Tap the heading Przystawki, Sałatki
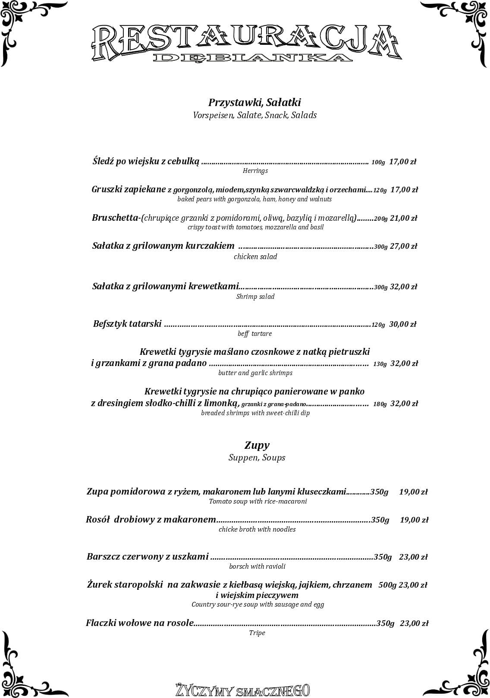click(254, 103)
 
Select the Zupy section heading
click(257, 445)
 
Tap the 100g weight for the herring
click(378, 163)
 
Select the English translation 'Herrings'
click(255, 171)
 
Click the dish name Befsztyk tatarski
click(127, 324)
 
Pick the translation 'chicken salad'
click(255, 257)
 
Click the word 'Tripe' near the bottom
click(257, 633)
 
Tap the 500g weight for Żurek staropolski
click(387, 585)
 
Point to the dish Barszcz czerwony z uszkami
click(148, 557)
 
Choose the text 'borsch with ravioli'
click(257, 566)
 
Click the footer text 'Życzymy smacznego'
click(242, 690)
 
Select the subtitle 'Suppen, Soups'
click(257, 457)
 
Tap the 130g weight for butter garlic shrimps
click(380, 364)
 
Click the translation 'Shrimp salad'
click(255, 297)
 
